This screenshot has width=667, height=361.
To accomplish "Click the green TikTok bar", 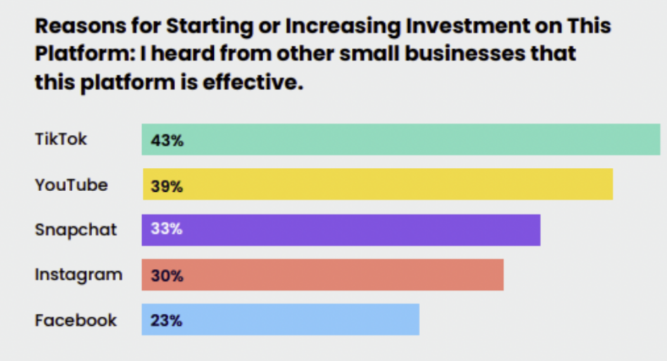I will (401, 139).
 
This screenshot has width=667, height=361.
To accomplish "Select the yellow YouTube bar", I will (378, 185).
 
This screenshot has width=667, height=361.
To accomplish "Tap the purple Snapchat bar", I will (341, 230).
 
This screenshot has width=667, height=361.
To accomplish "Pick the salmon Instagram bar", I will (323, 275).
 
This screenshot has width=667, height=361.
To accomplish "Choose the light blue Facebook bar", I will (281, 320).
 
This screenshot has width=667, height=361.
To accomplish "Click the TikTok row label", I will (61, 139).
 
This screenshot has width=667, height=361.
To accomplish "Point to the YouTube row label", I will (71, 185).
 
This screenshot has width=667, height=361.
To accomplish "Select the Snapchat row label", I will (76, 230).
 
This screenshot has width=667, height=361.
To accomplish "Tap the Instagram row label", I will (78, 275).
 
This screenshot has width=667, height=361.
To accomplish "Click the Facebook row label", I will (76, 320).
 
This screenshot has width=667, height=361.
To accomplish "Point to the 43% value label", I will (167, 140).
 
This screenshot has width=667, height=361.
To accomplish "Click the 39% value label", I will (167, 186).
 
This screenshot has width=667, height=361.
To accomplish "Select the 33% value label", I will (166, 230).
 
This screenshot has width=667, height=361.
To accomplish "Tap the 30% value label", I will (167, 276).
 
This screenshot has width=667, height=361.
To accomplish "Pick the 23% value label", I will (166, 321).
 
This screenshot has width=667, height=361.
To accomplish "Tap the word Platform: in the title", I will (79, 54).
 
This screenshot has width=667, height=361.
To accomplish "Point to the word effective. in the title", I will (254, 82).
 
